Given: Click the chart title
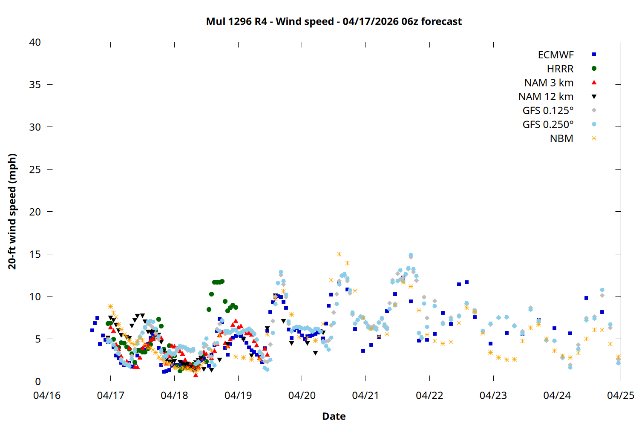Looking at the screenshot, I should tap(334, 21).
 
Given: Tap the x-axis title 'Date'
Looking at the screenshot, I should tap(334, 416).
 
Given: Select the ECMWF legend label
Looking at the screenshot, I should tap(556, 55).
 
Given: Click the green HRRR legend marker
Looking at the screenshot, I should tap(594, 69).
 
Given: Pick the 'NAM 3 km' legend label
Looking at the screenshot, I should tap(549, 83).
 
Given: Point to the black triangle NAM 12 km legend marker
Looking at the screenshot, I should tap(594, 97).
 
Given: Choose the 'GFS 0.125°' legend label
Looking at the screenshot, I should tap(548, 111).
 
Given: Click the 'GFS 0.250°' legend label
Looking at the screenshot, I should tap(548, 124).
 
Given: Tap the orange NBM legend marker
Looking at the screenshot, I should tap(594, 138).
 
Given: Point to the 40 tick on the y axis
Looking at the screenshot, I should tap(35, 42).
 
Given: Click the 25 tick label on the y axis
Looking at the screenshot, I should tap(35, 170).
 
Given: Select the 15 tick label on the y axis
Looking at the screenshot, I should tap(35, 254).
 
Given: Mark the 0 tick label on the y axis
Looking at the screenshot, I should tap(38, 381).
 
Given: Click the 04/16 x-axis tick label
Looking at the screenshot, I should tap(47, 395).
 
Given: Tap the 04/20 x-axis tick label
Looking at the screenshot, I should tap(302, 395).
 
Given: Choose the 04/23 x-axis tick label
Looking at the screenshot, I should tap(493, 395).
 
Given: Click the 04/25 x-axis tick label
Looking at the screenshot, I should tap(620, 395).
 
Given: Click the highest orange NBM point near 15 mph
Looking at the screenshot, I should tap(339, 254).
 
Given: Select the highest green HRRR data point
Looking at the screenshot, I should tap(222, 281).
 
